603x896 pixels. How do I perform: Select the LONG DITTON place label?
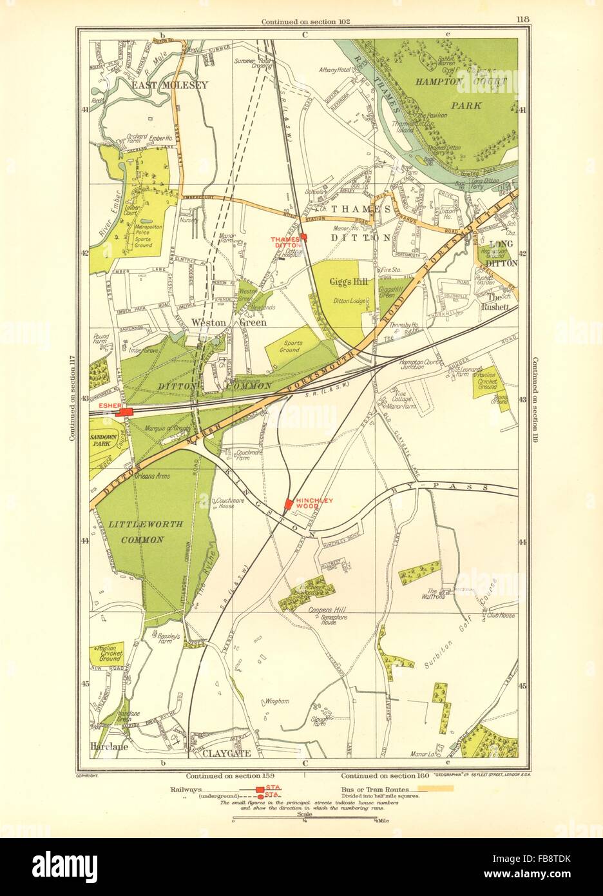tap(504, 249)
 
